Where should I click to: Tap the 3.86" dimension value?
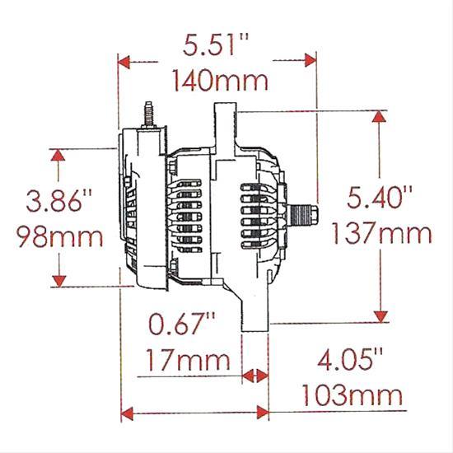[x=60, y=201]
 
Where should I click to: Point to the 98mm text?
[x=60, y=237]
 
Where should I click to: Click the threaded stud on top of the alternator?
[x=150, y=115]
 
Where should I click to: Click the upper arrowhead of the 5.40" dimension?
[x=379, y=117]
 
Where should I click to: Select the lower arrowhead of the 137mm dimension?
[x=379, y=316]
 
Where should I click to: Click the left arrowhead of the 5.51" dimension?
[x=125, y=60]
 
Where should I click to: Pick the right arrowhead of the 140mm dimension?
[x=310, y=60]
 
